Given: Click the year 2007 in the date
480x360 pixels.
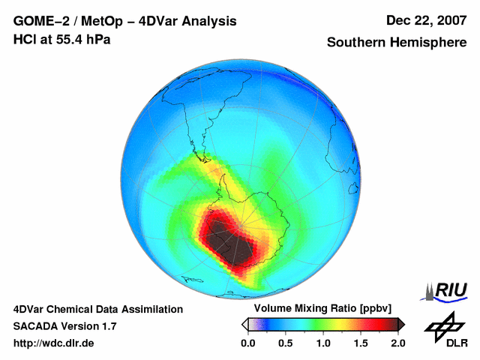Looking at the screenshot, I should click(451, 22).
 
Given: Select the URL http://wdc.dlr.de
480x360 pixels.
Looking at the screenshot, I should click(54, 343).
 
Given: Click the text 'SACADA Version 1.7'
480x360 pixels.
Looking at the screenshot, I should click(64, 326).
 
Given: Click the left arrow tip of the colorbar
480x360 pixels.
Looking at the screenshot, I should click(244, 324).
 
